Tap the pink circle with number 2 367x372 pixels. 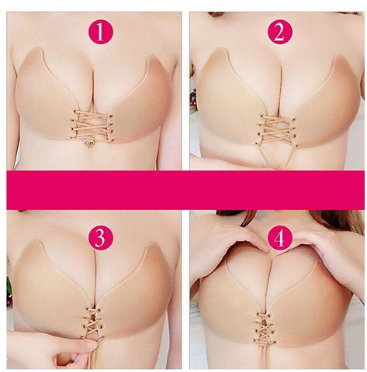click(280, 32)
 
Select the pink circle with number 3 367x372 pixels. click(101, 237)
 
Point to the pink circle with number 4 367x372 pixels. click(280, 237)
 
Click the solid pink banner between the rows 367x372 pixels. click(183, 190)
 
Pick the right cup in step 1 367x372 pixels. click(140, 97)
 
